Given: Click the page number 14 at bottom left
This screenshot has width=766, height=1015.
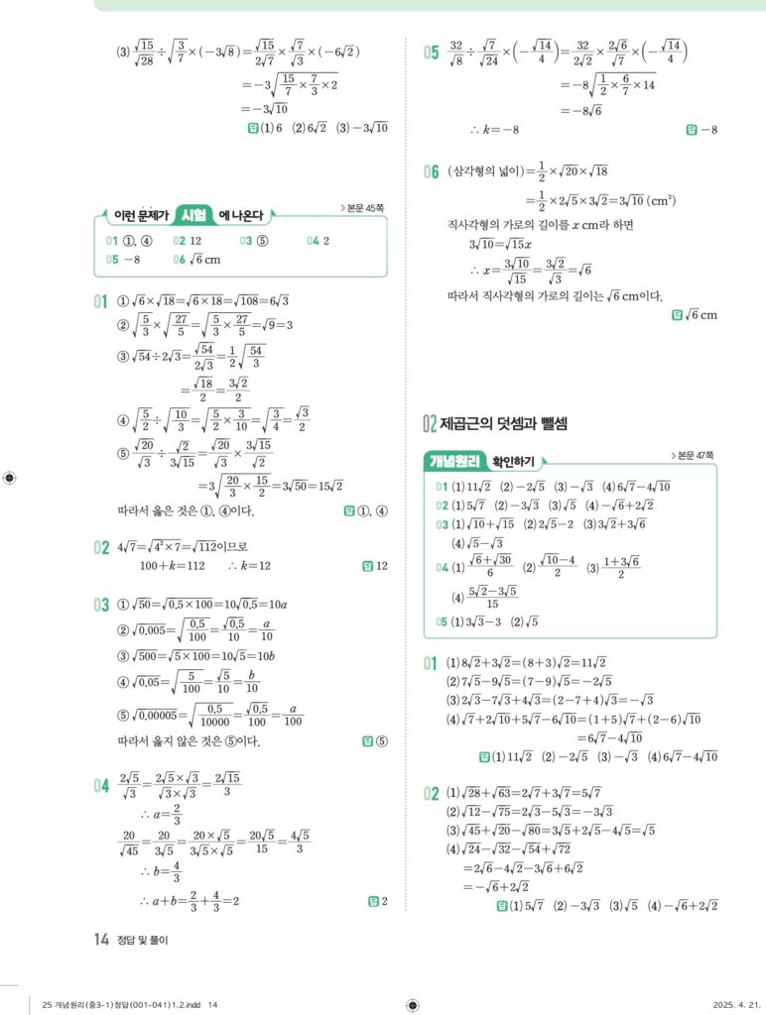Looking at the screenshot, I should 100,940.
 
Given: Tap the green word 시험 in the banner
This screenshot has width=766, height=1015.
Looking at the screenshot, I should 193,215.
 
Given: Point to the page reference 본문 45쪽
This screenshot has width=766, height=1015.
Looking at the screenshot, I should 368,208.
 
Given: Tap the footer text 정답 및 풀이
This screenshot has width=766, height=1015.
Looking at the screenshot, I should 143,941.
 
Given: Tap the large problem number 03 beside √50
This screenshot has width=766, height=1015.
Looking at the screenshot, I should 100,604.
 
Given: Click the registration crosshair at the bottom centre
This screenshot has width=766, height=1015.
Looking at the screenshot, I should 412,1003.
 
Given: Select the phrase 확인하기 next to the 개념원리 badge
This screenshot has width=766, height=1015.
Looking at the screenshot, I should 516,461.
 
